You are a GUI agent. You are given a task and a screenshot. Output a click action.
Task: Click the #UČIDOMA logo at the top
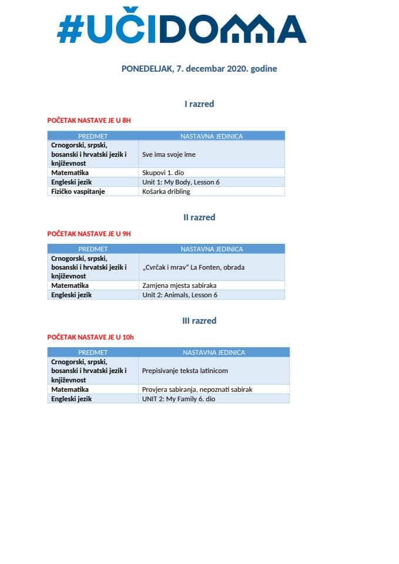[x=181, y=28]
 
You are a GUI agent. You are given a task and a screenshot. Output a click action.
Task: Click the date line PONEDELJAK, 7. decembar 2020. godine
[x=199, y=69]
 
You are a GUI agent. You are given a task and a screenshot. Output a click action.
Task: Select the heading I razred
[x=199, y=104]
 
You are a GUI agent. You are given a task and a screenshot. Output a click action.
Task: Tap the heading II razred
[x=199, y=217]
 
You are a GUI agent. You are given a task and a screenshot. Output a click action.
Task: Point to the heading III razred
[x=199, y=321]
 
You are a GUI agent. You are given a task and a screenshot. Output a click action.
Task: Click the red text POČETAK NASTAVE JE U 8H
[x=89, y=120]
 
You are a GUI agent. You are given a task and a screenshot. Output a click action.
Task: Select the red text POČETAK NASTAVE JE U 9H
[x=89, y=234]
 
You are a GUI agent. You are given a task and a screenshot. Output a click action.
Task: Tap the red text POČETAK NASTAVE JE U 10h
[x=90, y=337]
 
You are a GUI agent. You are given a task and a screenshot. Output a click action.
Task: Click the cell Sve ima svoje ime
[x=169, y=155]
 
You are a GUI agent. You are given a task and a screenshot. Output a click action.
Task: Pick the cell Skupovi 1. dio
[x=163, y=173]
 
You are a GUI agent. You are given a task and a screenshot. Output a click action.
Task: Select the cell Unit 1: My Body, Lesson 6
[x=181, y=182]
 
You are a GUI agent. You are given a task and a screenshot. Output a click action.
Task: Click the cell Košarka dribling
[x=166, y=192]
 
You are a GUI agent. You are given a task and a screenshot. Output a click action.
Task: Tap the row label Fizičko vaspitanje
[x=78, y=192]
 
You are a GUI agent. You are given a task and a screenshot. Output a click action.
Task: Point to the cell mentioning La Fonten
[x=193, y=267]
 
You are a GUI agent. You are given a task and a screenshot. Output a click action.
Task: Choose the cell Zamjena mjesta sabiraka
[x=175, y=286]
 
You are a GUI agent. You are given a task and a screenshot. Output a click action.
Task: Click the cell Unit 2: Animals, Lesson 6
[x=180, y=295]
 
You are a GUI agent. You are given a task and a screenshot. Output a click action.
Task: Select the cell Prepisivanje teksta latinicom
[x=185, y=371]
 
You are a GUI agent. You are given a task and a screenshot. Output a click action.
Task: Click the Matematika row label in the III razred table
[x=70, y=389]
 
